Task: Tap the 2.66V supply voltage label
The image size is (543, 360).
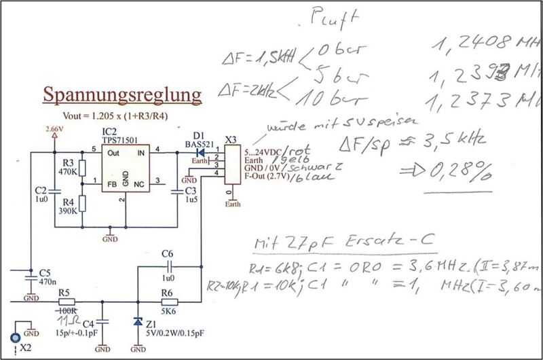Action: coord(54,128)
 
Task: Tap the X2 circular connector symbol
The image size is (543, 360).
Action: coord(13,338)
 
